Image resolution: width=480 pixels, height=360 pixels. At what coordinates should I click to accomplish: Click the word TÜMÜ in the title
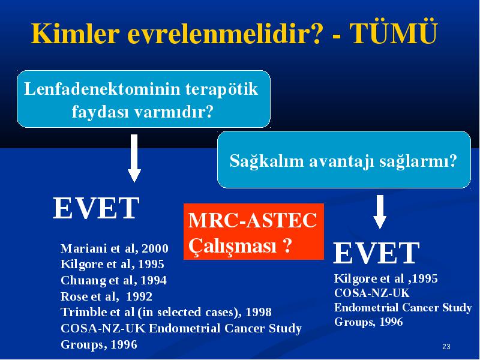[394, 33]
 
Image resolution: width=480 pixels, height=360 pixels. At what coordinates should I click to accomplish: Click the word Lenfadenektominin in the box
[102, 89]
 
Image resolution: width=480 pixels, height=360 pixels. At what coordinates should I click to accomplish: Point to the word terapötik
[222, 89]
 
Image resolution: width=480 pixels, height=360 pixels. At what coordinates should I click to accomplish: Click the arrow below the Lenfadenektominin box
[134, 158]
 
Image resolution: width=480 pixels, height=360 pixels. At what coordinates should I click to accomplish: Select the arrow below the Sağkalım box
[380, 212]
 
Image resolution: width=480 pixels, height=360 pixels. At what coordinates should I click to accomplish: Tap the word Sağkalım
[266, 161]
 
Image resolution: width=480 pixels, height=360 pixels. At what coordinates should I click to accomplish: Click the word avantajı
[341, 161]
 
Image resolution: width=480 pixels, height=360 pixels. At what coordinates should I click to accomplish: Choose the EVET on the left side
[96, 208]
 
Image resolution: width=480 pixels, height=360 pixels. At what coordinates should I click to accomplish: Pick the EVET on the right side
[376, 253]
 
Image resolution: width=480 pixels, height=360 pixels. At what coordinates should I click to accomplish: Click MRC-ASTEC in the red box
[253, 220]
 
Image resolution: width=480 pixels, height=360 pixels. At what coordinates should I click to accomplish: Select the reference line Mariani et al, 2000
[115, 248]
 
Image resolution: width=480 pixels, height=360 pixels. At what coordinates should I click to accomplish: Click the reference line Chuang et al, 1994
[113, 280]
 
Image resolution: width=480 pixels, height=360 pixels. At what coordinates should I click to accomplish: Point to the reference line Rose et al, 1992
[106, 296]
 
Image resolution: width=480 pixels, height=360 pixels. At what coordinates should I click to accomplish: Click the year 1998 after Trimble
[259, 312]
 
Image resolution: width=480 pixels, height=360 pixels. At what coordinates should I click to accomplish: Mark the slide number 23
[446, 347]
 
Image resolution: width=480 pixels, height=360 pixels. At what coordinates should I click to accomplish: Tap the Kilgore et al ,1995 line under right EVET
[386, 278]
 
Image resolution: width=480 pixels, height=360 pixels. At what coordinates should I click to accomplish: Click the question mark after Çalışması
[287, 245]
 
